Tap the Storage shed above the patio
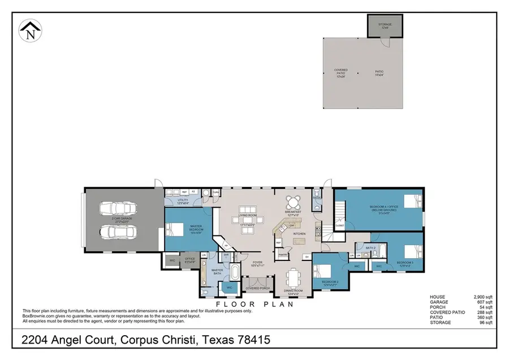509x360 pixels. click(x=385, y=25)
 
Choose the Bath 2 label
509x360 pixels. click(x=370, y=248)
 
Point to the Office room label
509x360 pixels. click(x=190, y=260)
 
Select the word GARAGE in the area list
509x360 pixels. click(x=439, y=302)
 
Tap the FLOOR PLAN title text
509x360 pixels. click(x=255, y=304)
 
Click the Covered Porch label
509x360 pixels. click(x=257, y=288)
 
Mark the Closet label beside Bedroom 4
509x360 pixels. click(x=339, y=225)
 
